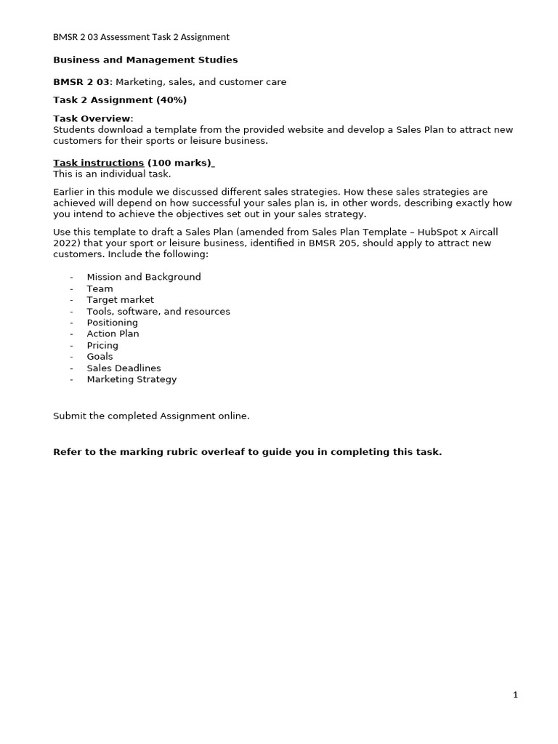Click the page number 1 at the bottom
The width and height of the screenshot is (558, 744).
pyautogui.click(x=515, y=695)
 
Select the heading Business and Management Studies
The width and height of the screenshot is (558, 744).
pyautogui.click(x=145, y=60)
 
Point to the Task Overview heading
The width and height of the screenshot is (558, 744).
pyautogui.click(x=92, y=118)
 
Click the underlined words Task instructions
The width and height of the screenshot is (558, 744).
pyautogui.click(x=99, y=163)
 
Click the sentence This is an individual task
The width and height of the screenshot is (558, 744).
pyautogui.click(x=112, y=174)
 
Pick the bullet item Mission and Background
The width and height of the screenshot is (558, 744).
pyautogui.click(x=144, y=277)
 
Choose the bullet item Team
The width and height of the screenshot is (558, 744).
pyautogui.click(x=100, y=288)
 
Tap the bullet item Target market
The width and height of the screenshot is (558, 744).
pyautogui.click(x=120, y=299)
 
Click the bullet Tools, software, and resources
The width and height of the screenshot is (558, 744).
pyautogui.click(x=158, y=311)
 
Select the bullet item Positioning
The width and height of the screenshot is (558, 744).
pyautogui.click(x=112, y=323)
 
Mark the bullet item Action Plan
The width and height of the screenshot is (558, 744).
pyautogui.click(x=113, y=333)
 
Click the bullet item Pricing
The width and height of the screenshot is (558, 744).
pyautogui.click(x=102, y=345)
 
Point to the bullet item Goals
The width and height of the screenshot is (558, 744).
pyautogui.click(x=100, y=356)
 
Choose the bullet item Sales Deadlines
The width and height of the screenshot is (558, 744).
pyautogui.click(x=124, y=368)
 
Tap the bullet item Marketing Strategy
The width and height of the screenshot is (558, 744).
pyautogui.click(x=132, y=379)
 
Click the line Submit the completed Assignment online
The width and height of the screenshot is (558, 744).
pyautogui.click(x=151, y=416)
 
